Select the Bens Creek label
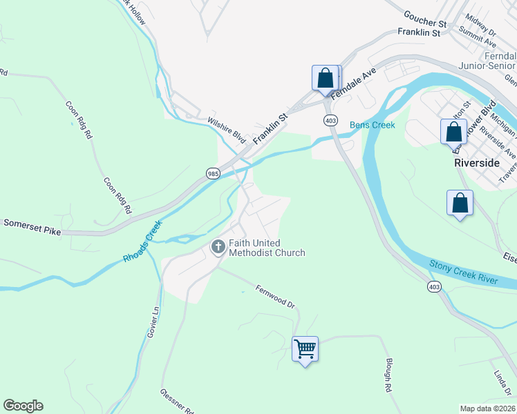tap(373, 125)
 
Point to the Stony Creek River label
tap(463, 271)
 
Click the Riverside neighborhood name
tap(477, 163)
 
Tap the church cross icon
tap(218, 247)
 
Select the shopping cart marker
tap(305, 349)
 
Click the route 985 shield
tap(213, 174)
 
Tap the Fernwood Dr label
tap(275, 297)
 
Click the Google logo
tap(23, 406)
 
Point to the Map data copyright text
tap(488, 408)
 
